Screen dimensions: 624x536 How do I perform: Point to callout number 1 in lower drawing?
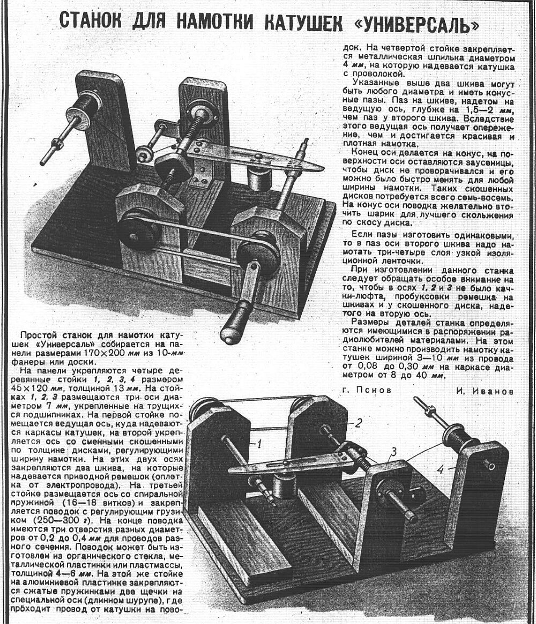point(257,443)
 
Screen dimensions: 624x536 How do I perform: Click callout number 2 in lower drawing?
point(359,422)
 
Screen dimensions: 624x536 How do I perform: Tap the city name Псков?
point(375,391)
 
